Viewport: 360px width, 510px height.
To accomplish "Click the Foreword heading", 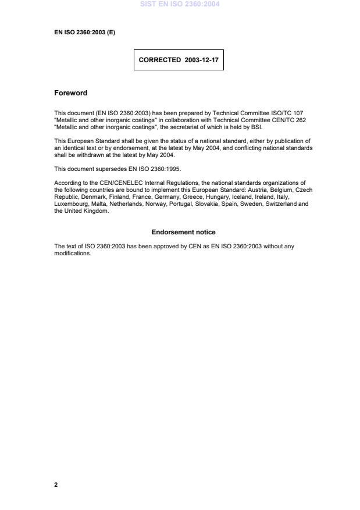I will (x=70, y=92).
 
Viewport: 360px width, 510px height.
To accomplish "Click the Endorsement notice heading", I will (x=183, y=233).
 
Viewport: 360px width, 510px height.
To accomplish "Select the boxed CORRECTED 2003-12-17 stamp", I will (x=179, y=59).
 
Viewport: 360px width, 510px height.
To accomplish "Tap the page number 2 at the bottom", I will (x=56, y=484).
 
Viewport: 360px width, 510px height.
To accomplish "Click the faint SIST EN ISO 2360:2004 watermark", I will (x=179, y=4).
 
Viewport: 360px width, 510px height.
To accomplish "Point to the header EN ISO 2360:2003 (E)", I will (x=84, y=33).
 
